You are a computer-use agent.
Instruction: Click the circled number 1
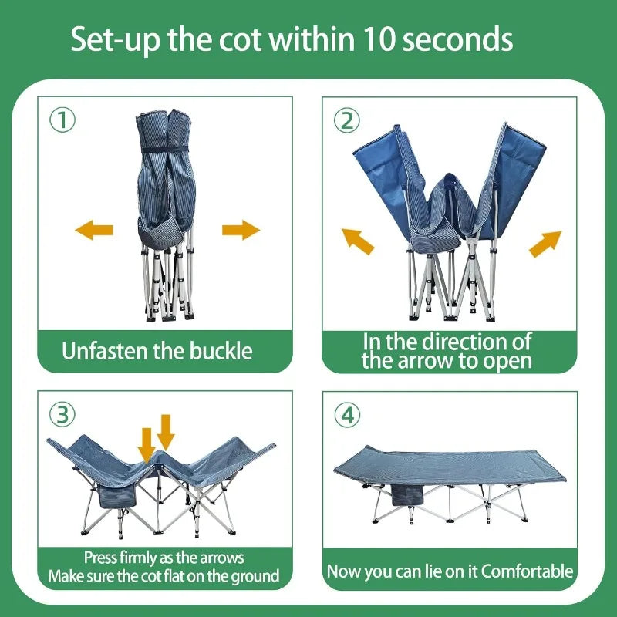click(62, 120)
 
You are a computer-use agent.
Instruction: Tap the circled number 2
click(346, 120)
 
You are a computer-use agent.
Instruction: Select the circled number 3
click(62, 415)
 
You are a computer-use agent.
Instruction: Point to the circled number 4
click(347, 415)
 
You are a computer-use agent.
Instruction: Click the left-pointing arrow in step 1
click(94, 229)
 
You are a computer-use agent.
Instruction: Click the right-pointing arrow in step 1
click(241, 229)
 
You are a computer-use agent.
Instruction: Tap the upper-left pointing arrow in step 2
click(358, 241)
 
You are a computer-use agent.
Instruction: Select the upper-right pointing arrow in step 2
click(545, 243)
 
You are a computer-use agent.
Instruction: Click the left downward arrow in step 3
click(147, 443)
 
